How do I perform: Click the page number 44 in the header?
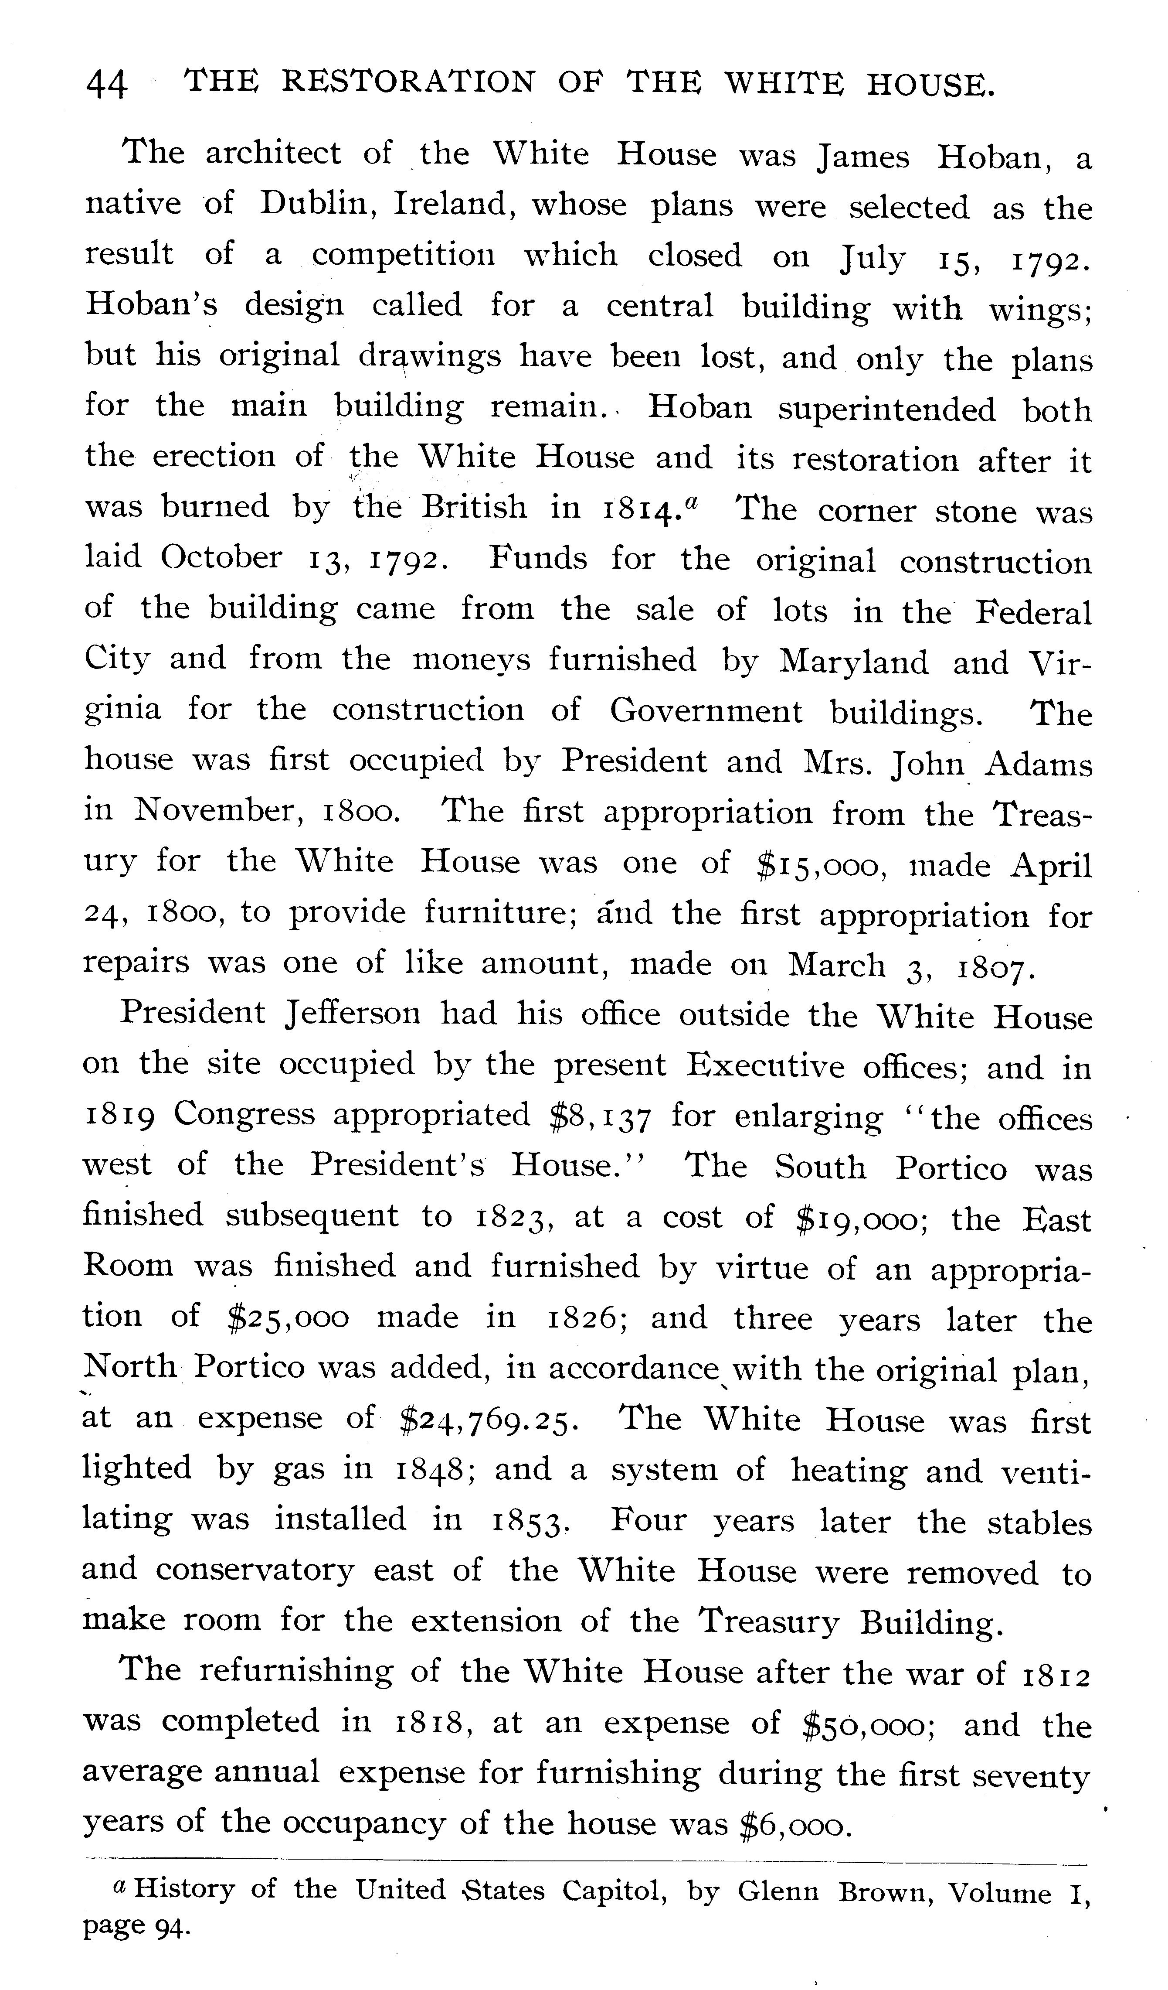pyautogui.click(x=106, y=83)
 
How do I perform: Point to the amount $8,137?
pyautogui.click(x=601, y=1115)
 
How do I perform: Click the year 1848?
pyautogui.click(x=433, y=1470)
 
